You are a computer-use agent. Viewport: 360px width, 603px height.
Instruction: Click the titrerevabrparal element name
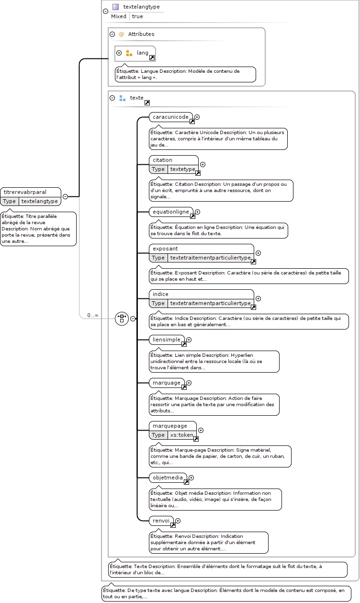tap(25, 192)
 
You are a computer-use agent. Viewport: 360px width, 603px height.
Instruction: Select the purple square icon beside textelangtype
tap(115, 7)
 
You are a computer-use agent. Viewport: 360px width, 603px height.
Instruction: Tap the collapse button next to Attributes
tap(112, 34)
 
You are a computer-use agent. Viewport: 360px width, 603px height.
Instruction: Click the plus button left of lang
tap(119, 53)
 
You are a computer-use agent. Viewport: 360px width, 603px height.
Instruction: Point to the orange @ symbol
tap(121, 34)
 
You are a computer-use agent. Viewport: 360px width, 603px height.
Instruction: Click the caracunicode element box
tap(171, 117)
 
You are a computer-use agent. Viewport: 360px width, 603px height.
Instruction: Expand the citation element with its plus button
tap(203, 164)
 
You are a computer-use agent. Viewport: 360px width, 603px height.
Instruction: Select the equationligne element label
tap(171, 212)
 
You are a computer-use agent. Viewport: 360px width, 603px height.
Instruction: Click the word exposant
tap(165, 249)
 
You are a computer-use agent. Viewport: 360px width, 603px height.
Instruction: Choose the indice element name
tap(160, 294)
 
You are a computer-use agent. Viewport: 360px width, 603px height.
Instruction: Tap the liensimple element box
tap(167, 340)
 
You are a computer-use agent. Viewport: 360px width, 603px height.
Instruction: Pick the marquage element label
tap(167, 383)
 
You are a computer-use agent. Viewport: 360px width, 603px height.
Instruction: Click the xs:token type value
tap(181, 435)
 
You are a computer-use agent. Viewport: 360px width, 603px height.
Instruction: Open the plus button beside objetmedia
tap(191, 478)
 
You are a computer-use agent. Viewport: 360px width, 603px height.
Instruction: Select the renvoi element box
tap(161, 521)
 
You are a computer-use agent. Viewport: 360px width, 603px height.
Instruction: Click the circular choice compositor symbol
tap(122, 319)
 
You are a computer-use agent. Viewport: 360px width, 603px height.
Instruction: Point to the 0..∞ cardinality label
tap(93, 315)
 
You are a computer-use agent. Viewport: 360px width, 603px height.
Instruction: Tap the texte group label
tap(137, 98)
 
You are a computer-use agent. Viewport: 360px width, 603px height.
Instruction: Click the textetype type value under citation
tap(183, 169)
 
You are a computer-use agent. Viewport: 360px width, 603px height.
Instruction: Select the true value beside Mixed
tap(137, 16)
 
